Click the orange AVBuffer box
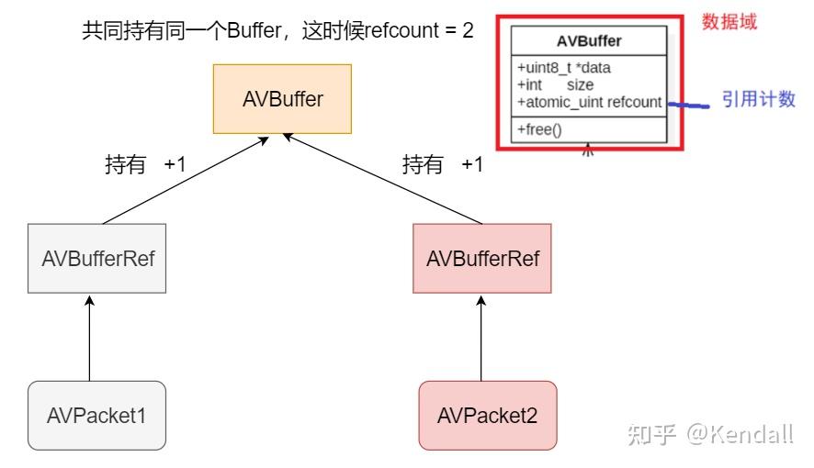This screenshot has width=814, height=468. pyautogui.click(x=282, y=99)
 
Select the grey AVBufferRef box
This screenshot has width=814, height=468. pyautogui.click(x=97, y=258)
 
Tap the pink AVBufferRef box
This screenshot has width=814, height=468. pyautogui.click(x=482, y=258)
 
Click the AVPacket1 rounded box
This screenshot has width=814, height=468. pyautogui.click(x=96, y=415)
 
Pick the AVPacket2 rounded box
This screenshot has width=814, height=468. pyautogui.click(x=487, y=415)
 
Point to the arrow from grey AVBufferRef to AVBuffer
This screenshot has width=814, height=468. pyautogui.click(x=184, y=179)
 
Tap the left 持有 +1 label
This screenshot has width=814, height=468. pyautogui.click(x=145, y=165)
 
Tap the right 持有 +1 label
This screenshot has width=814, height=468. pyautogui.click(x=442, y=165)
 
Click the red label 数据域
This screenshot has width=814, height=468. pyautogui.click(x=729, y=22)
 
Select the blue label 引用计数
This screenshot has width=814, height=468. pyautogui.click(x=758, y=99)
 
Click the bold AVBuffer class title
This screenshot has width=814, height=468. pyautogui.click(x=589, y=41)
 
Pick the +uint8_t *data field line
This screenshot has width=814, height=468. pyautogui.click(x=564, y=68)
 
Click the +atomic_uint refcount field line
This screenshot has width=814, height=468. pyautogui.click(x=589, y=102)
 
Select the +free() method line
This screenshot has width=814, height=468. pyautogui.click(x=539, y=129)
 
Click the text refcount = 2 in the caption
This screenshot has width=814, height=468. pyautogui.click(x=420, y=30)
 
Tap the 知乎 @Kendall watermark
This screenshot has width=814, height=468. pyautogui.click(x=709, y=434)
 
